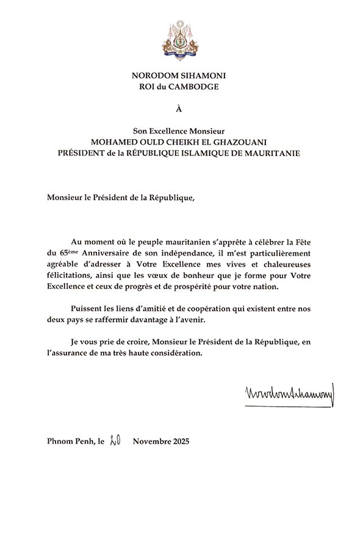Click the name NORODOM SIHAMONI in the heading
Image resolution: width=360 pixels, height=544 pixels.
(x=179, y=75)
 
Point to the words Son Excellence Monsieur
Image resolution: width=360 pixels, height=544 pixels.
(x=179, y=130)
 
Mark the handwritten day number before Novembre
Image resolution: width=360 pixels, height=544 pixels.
(x=113, y=441)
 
